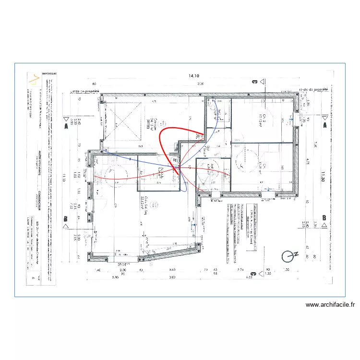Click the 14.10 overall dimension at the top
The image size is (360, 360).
194,75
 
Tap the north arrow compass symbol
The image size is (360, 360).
289,257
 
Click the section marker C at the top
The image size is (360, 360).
254,82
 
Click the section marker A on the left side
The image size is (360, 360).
66,126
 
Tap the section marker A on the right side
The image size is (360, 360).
325,125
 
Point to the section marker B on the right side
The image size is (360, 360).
324,217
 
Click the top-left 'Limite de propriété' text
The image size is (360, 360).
84,90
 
